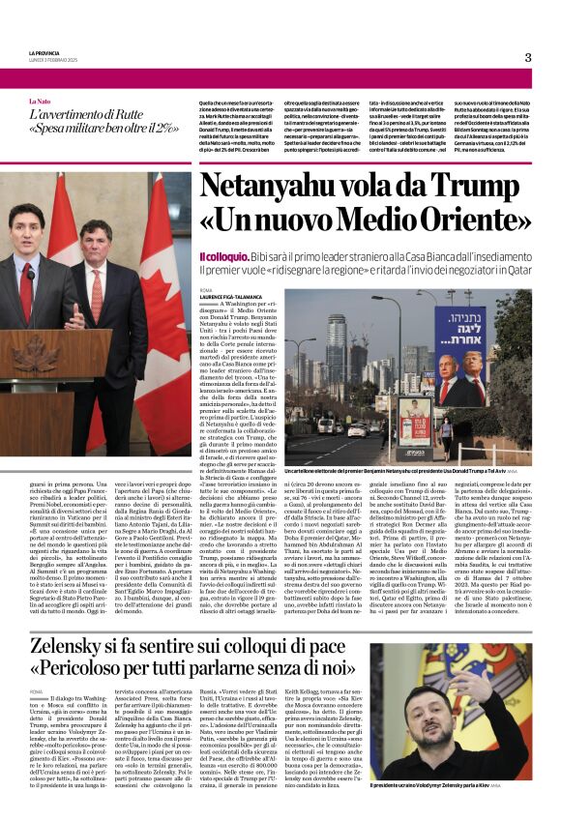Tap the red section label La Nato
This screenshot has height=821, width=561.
tap(40, 101)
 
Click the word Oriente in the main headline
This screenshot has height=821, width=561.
tap(456, 225)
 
